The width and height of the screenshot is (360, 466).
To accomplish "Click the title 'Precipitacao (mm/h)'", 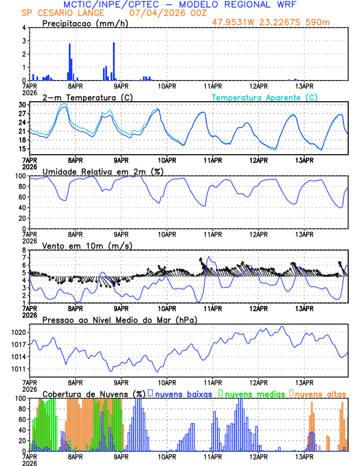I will click(x=85, y=23).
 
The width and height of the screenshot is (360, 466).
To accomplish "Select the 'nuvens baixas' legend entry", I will click(x=184, y=393).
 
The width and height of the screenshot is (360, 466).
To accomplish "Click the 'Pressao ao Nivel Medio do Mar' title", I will click(x=119, y=319).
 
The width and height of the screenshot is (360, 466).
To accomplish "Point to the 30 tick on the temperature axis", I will click(x=22, y=105).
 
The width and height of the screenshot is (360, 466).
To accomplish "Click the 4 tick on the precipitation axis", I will click(x=24, y=28).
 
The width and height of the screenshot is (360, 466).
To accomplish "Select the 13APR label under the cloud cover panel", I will click(x=304, y=455).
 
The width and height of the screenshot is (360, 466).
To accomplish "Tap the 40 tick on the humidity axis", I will click(x=22, y=208).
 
